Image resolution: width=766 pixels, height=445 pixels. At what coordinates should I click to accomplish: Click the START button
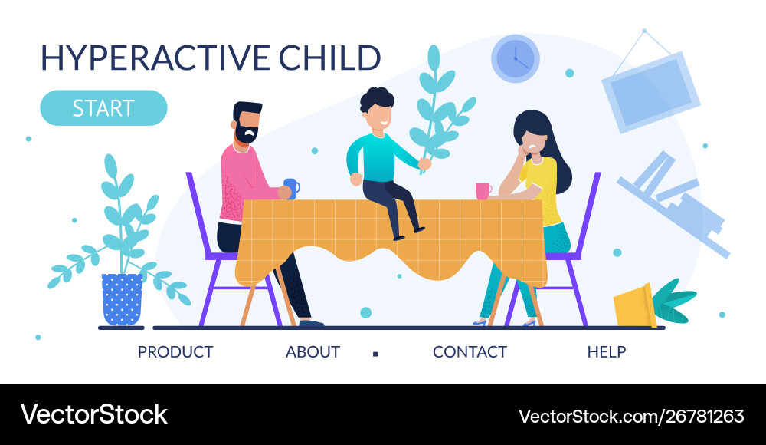pos(103,108)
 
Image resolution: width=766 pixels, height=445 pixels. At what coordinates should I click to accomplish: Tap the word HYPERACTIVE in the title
pos(155,58)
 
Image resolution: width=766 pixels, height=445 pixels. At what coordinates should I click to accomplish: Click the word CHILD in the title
pos(329,58)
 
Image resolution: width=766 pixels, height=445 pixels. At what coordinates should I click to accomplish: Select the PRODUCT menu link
pos(175,351)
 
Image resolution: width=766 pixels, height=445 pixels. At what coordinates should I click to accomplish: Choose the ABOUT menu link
pos(313,351)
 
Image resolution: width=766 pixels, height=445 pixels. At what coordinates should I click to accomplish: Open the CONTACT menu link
pos(470,351)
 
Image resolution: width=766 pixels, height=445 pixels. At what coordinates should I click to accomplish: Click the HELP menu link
pos(607,351)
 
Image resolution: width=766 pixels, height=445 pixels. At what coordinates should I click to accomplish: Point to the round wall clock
pos(516,59)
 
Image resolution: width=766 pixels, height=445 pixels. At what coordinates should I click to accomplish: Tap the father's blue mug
pos(292,189)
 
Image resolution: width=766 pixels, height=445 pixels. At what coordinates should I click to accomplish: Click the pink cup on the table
pos(483,191)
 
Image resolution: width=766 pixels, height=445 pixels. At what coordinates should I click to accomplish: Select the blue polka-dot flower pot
pos(122,299)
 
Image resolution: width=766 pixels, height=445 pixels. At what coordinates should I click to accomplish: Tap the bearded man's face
pos(248,127)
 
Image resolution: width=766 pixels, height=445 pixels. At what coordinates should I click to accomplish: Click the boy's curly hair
pos(377,99)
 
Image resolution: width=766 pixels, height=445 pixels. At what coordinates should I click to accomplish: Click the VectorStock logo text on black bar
pos(93,414)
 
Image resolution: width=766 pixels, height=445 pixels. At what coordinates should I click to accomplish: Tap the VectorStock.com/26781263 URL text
pos(631,417)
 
